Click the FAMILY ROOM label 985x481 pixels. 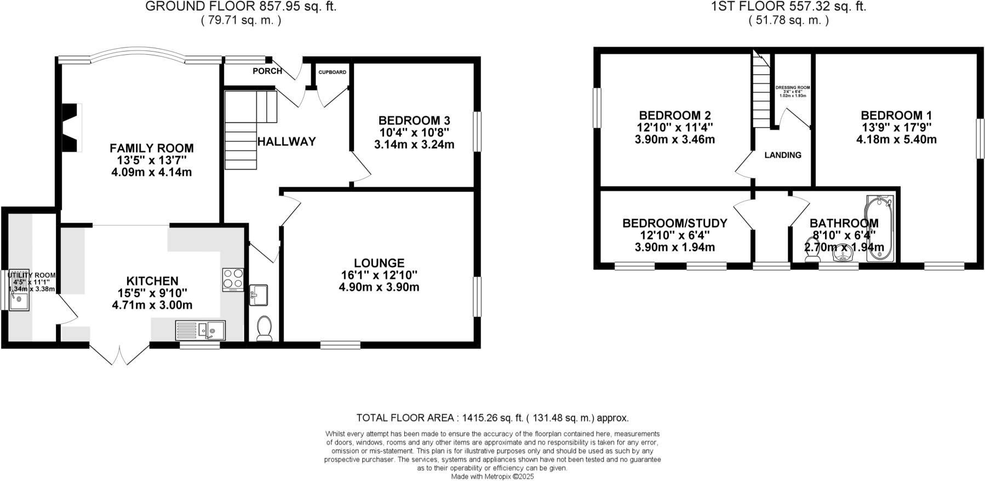[x=151, y=148]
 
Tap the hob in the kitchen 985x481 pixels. [x=233, y=279]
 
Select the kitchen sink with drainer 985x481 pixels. [x=200, y=330]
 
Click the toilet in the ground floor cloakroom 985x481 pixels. [x=264, y=328]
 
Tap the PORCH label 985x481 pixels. [x=267, y=71]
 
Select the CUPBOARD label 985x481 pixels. [x=332, y=72]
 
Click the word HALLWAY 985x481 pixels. [x=287, y=142]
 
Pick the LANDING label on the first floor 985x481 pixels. [x=783, y=155]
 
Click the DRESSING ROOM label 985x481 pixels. [x=792, y=88]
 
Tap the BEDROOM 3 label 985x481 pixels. [x=414, y=121]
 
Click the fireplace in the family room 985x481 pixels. [x=72, y=128]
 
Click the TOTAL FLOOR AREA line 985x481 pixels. [x=492, y=418]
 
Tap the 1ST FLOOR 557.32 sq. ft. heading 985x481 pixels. [x=788, y=7]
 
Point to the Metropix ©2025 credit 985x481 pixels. [x=492, y=477]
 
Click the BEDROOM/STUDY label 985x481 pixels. [x=674, y=224]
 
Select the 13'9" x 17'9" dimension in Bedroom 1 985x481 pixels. [x=896, y=127]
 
